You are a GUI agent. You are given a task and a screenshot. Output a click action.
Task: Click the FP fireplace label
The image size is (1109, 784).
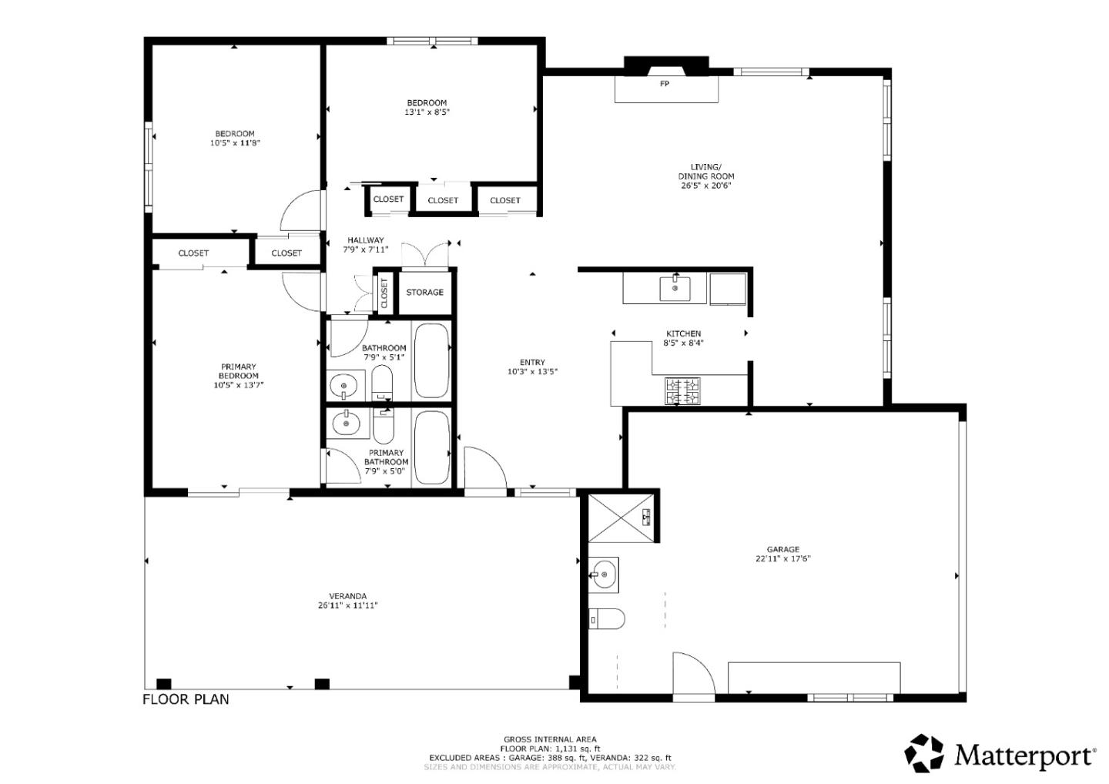pos(665,84)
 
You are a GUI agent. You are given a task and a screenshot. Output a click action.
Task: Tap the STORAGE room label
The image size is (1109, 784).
pos(425,293)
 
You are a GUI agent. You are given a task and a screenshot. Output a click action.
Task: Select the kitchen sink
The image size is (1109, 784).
pos(675,288)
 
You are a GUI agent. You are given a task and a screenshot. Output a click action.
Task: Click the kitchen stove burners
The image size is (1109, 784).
pos(682,391)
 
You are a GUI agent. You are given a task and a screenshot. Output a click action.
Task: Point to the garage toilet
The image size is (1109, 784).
pos(607,618)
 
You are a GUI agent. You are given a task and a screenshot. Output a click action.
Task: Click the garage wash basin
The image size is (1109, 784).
pos(604,575)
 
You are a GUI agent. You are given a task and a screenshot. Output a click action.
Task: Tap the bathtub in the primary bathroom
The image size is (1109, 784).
pos(432,447)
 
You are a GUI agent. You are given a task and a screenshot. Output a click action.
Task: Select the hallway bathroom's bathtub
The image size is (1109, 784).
pos(432,361)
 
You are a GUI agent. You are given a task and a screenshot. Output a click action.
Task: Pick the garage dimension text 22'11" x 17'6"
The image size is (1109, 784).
pos(782,559)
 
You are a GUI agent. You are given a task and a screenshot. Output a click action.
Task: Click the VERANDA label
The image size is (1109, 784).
pos(347,596)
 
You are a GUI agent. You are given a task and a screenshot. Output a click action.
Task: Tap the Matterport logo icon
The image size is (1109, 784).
pos(924,753)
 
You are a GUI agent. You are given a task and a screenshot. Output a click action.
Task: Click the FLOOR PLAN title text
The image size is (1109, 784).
pos(186,699)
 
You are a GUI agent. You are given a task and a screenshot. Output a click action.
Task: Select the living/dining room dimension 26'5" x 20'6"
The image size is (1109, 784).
pos(706,186)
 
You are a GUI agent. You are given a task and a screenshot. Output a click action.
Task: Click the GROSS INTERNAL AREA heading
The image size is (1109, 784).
pos(550,739)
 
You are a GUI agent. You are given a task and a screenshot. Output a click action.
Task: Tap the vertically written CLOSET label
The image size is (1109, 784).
pos(384,293)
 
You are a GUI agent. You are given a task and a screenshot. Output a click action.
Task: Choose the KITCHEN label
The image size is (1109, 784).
pos(683,333)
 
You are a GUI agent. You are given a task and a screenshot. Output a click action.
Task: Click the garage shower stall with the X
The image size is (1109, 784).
pos(621,518)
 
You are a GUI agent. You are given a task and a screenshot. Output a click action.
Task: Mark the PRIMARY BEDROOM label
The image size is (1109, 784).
pos(238,371)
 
